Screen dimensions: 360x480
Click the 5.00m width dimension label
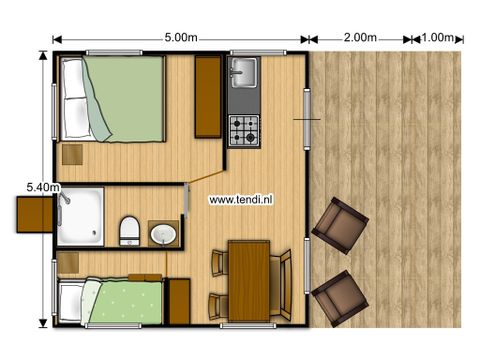(181, 38)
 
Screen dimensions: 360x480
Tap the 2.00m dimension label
(358, 38)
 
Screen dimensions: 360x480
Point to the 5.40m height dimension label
(43, 187)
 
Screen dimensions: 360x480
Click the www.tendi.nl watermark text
(242, 199)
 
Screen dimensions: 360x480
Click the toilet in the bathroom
(128, 229)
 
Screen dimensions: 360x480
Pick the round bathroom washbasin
(163, 235)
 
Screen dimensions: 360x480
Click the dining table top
(250, 280)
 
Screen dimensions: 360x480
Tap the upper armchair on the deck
(340, 225)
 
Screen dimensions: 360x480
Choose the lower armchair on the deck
(340, 295)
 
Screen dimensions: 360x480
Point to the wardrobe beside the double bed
(208, 97)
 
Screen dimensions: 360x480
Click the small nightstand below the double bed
(73, 154)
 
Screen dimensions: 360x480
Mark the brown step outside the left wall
(32, 212)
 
